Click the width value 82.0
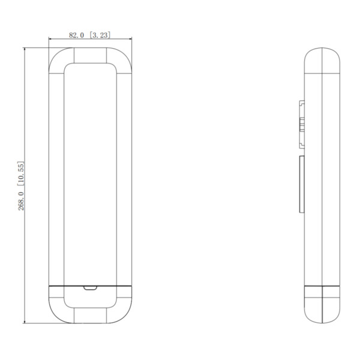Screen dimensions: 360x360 pyautogui.click(x=77, y=35)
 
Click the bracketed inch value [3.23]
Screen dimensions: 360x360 pyautogui.click(x=100, y=35)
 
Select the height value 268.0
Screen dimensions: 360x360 pyautogui.click(x=20, y=200)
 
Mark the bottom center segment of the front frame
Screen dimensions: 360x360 pyautogui.click(x=89, y=314)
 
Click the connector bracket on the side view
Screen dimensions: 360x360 pyautogui.click(x=302, y=125)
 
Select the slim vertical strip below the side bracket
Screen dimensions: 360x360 pyautogui.click(x=301, y=184)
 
